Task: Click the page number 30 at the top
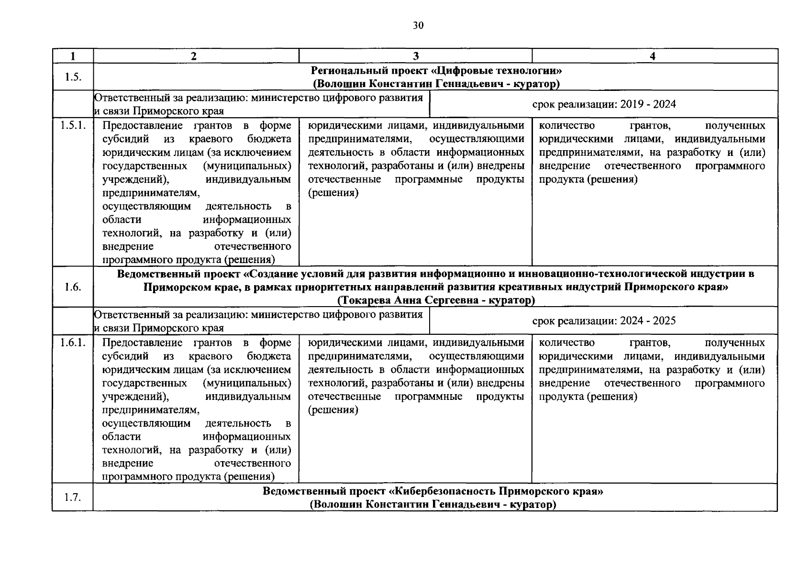[418, 26]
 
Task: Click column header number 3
[415, 56]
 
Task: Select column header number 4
[653, 56]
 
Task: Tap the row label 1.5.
[72, 77]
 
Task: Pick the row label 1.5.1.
[73, 126]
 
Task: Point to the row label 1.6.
[72, 287]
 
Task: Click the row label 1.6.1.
[73, 343]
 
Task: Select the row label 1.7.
[72, 497]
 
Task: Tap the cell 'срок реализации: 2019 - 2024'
[604, 104]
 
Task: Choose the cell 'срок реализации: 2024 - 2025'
[604, 321]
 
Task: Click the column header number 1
[73, 56]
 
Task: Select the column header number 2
[193, 56]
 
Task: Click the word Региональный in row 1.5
[343, 71]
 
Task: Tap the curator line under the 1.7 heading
[433, 505]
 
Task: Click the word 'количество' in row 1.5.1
[566, 126]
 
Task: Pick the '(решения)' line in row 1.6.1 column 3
[333, 410]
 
